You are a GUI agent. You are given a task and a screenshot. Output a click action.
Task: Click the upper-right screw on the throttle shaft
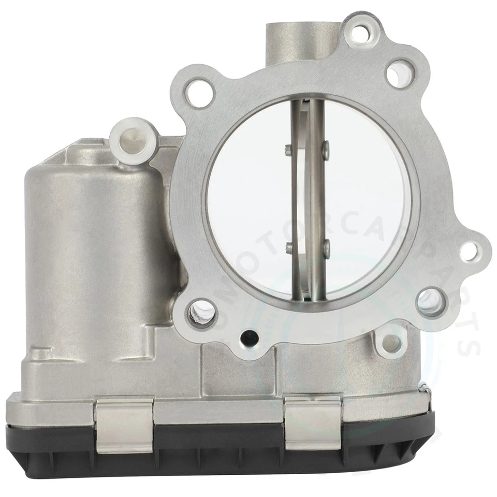pos(325,150)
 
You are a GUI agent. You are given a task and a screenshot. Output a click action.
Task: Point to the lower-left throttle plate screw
pos(288,248)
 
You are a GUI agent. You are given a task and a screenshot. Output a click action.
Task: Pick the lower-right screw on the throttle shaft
pos(326,248)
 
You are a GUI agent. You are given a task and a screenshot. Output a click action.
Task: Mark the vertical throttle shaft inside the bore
pos(311,197)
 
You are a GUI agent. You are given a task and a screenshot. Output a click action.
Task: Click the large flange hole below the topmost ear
pos(400,74)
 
